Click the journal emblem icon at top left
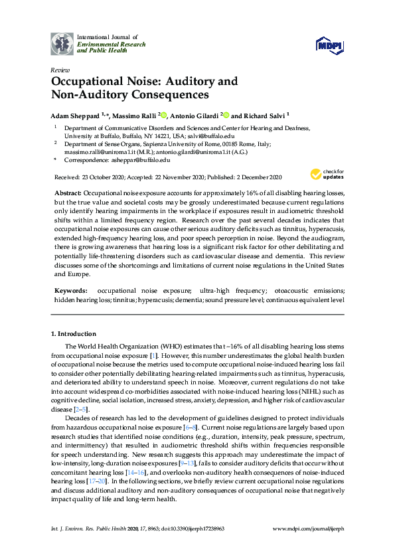[62, 44]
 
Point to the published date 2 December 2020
[259, 177]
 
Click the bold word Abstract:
[72, 191]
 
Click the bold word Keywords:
[72, 291]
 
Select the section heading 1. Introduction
[74, 333]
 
